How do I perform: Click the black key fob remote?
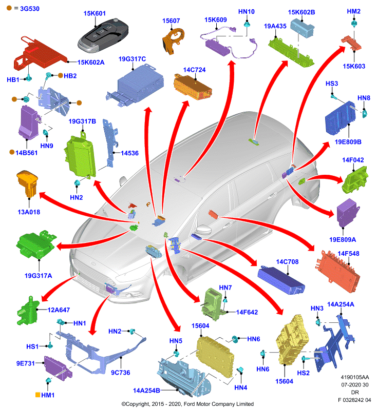point(103,35)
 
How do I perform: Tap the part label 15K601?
point(95,13)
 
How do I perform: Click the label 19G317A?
point(38,276)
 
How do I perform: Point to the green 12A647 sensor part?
point(28,311)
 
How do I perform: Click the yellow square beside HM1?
point(37,395)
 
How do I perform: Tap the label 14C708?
point(287,262)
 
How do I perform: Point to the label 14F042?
point(353,160)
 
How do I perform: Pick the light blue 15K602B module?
point(302,28)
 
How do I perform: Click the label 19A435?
point(275,26)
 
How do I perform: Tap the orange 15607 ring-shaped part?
point(173,41)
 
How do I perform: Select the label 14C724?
point(194,70)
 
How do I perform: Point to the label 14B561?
point(27,153)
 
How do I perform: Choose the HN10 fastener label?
point(246,12)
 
